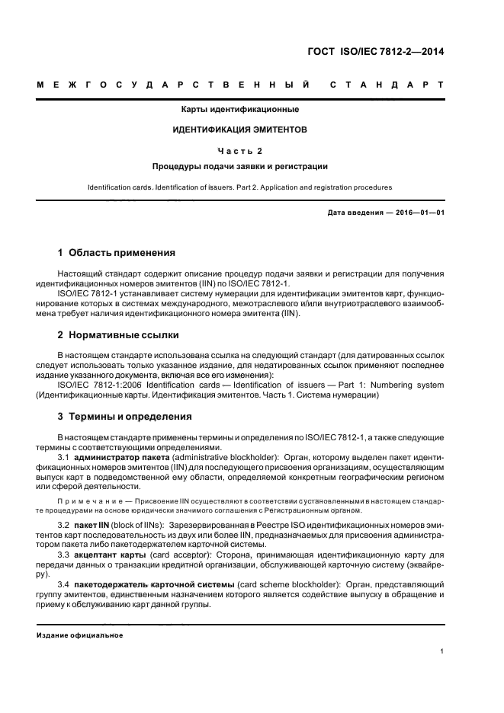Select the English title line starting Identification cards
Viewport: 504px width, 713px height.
tap(240, 186)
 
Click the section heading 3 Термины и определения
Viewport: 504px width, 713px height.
tap(125, 417)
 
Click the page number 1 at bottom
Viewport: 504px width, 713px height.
tap(442, 651)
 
